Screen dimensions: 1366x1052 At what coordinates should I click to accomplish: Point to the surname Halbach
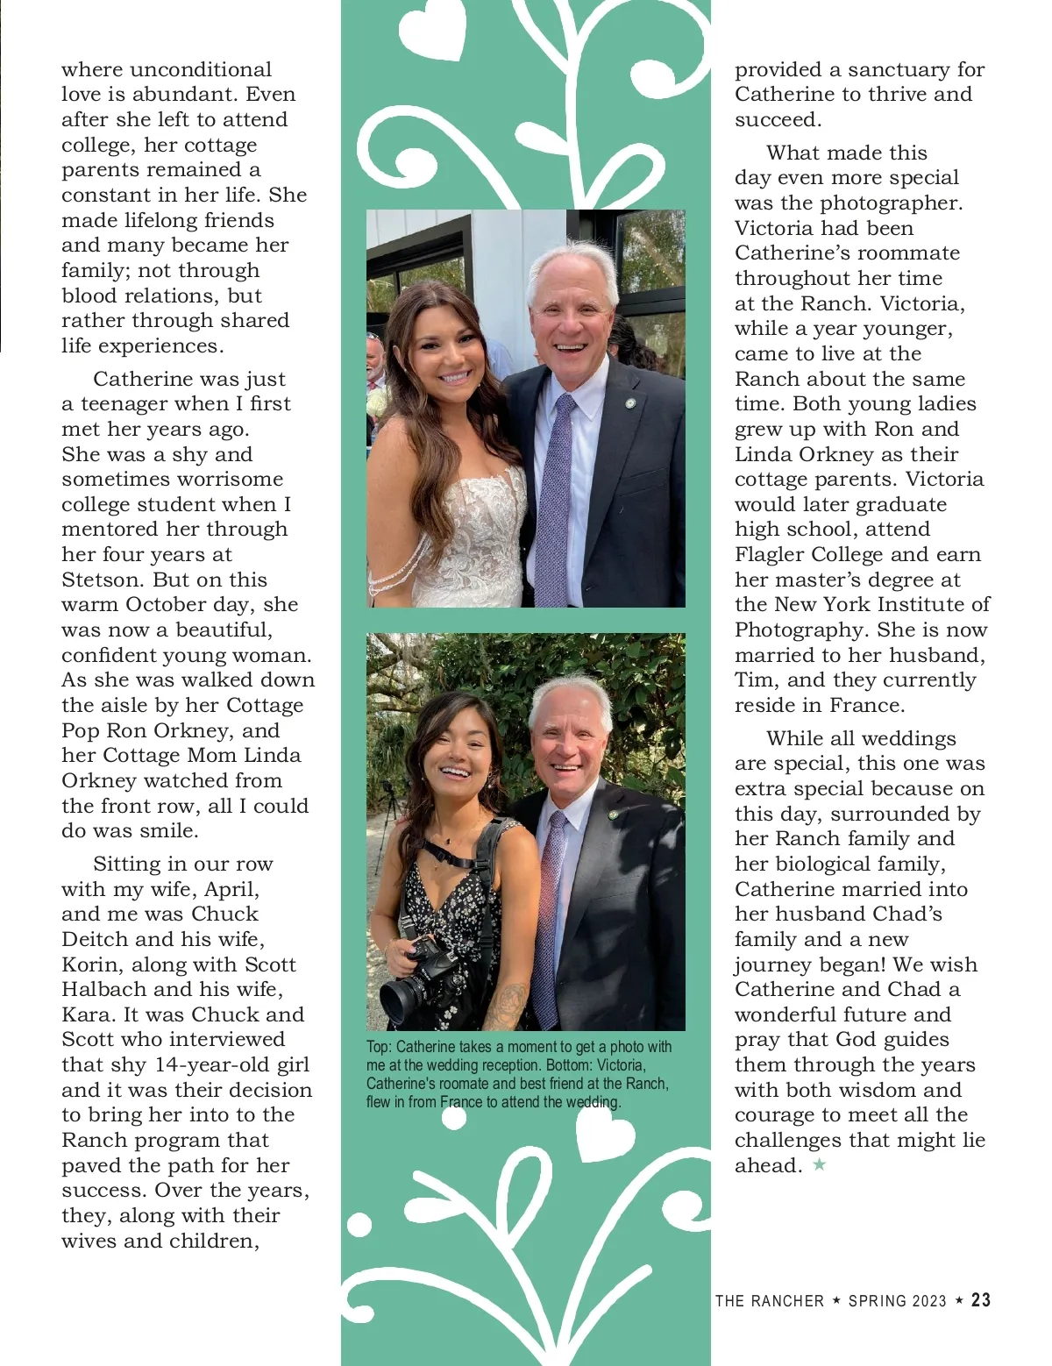click(104, 989)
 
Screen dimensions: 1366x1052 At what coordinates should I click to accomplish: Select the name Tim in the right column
click(755, 680)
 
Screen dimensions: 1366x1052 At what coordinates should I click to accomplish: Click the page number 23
click(981, 1300)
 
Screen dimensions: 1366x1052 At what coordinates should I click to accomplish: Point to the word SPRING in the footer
click(878, 1301)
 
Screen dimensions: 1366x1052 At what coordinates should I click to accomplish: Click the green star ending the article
click(820, 1165)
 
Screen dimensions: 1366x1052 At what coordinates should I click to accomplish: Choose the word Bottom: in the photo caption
click(618, 1065)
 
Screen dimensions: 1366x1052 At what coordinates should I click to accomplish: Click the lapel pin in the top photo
click(630, 404)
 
